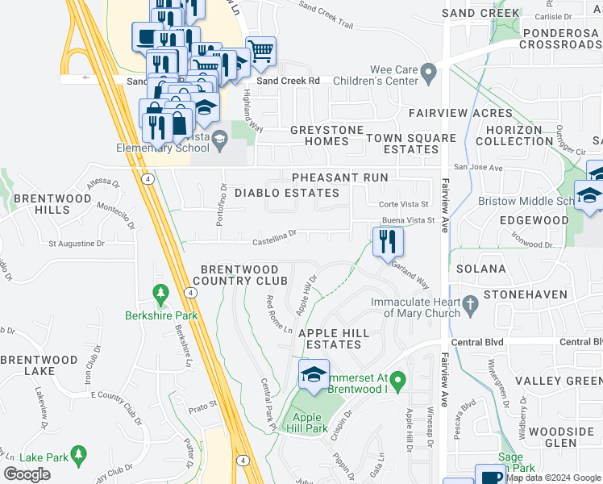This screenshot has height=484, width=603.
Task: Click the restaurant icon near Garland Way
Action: coord(388,240)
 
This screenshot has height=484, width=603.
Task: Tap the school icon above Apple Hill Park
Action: coord(314,373)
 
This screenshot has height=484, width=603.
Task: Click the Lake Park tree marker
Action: coord(78,456)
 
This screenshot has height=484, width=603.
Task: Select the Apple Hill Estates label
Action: coord(334,339)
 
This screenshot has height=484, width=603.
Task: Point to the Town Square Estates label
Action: coord(411,144)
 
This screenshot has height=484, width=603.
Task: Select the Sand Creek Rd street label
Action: coord(288,81)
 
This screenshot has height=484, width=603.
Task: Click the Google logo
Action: coord(27,474)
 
